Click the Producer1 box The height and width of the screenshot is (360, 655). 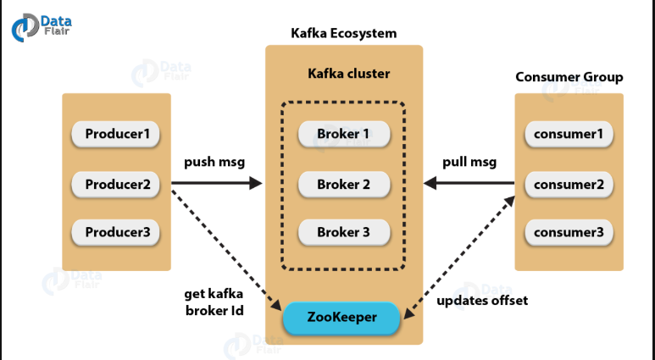pyautogui.click(x=116, y=134)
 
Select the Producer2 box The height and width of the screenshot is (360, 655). pyautogui.click(x=116, y=184)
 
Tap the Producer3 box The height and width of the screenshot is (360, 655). pyautogui.click(x=116, y=232)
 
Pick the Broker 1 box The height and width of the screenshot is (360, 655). pyautogui.click(x=344, y=134)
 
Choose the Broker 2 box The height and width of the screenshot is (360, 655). pyautogui.click(x=344, y=184)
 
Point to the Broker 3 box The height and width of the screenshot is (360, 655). pyautogui.click(x=344, y=232)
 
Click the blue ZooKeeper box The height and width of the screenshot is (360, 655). pyautogui.click(x=341, y=318)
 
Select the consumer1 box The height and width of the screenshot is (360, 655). pyautogui.click(x=569, y=134)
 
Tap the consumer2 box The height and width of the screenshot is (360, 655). pyautogui.click(x=569, y=184)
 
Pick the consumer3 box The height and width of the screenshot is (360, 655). pyautogui.click(x=569, y=232)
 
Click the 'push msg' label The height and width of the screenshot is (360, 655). pyautogui.click(x=214, y=162)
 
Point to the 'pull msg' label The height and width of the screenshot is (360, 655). pyautogui.click(x=469, y=162)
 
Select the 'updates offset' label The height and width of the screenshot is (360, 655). pyautogui.click(x=482, y=301)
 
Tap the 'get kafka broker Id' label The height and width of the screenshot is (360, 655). pyautogui.click(x=214, y=302)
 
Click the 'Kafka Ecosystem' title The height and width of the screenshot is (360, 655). pyautogui.click(x=344, y=33)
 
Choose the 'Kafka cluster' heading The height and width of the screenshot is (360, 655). pyautogui.click(x=349, y=74)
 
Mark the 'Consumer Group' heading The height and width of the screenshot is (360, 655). pyautogui.click(x=569, y=77)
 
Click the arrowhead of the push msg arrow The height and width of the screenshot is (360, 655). pyautogui.click(x=256, y=183)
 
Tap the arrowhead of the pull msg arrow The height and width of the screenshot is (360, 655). pyautogui.click(x=430, y=183)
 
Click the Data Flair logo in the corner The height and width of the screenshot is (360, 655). pyautogui.click(x=42, y=28)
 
